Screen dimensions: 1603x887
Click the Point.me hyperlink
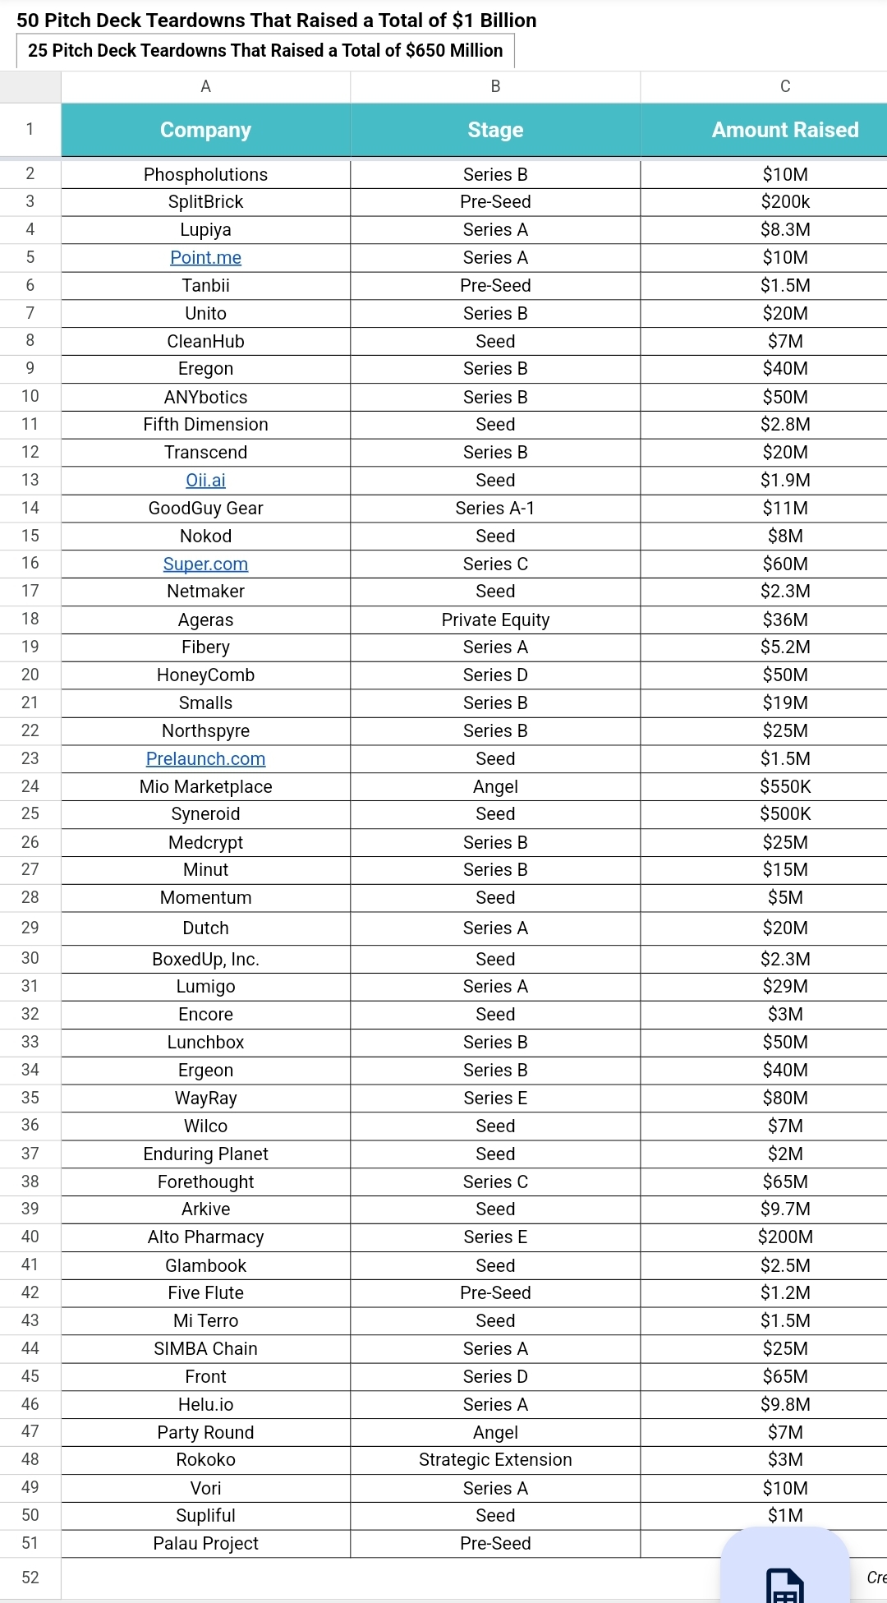click(x=205, y=258)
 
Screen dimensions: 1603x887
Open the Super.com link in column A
click(x=205, y=564)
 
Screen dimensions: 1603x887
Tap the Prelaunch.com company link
click(x=205, y=759)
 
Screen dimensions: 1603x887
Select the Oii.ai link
click(x=205, y=481)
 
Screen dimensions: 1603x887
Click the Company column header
click(x=205, y=130)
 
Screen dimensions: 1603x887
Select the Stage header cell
click(x=495, y=130)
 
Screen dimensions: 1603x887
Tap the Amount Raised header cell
click(x=784, y=130)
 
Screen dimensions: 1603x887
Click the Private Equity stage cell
click(x=495, y=620)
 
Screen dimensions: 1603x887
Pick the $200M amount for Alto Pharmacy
click(x=785, y=1237)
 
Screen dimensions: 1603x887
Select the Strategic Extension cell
click(x=495, y=1460)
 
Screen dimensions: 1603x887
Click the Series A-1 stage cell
click(x=495, y=509)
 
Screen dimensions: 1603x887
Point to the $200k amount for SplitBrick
click(x=785, y=202)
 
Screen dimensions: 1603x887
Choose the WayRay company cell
click(x=205, y=1099)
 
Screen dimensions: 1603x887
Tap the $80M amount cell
click(x=785, y=1099)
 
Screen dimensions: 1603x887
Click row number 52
click(x=30, y=1578)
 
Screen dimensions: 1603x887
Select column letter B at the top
click(x=495, y=86)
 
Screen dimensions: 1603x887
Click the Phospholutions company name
click(x=205, y=174)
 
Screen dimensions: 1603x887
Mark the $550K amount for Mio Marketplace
click(x=785, y=787)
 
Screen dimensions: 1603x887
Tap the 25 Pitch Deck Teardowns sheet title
click(x=265, y=51)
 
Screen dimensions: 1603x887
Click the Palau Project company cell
click(x=205, y=1544)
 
